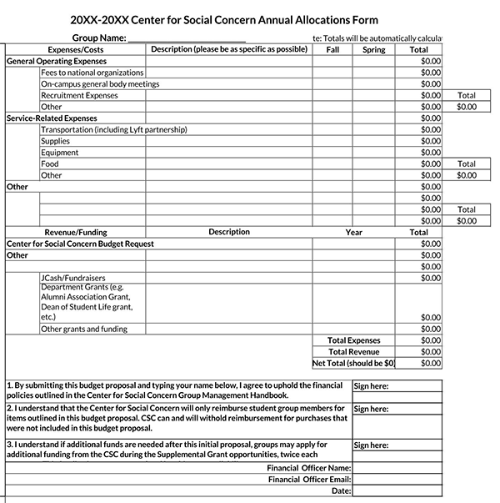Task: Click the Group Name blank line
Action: tap(187, 38)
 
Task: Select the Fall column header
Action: tap(332, 50)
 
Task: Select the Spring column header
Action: tap(374, 50)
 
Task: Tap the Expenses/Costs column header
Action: tap(76, 50)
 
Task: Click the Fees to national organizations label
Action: tap(92, 73)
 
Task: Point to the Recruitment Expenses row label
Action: tap(79, 96)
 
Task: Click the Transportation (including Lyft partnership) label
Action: tap(113, 130)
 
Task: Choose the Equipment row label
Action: tap(59, 153)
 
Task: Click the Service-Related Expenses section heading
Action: tap(52, 118)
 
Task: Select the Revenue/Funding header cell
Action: tap(76, 233)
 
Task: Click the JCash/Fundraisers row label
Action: tap(73, 278)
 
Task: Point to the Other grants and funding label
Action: tap(83, 329)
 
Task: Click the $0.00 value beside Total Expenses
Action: tap(431, 340)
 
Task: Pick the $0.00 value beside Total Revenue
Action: tap(431, 352)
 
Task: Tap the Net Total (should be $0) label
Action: tap(353, 364)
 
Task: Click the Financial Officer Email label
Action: tap(309, 480)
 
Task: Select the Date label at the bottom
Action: tap(341, 491)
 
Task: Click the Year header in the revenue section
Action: tap(354, 233)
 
